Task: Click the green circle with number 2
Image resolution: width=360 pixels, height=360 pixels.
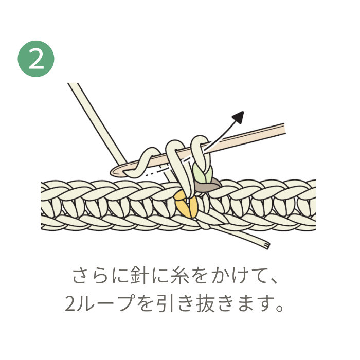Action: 36,59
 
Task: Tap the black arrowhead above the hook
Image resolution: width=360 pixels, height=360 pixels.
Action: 239,117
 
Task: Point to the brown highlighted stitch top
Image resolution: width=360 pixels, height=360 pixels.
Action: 208,185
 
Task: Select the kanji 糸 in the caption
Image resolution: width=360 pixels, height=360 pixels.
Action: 180,275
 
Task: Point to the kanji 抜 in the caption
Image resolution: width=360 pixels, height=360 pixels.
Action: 206,303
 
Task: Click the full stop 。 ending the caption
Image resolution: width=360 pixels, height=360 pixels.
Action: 279,308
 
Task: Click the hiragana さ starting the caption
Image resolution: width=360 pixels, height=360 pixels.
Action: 81,275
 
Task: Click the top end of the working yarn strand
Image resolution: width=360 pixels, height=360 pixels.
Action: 73,83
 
